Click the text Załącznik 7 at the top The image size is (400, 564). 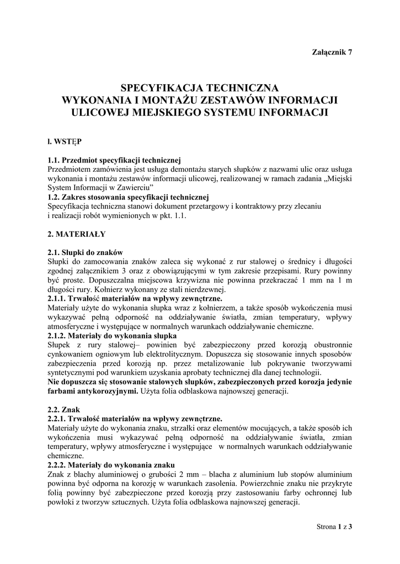pyautogui.click(x=332, y=52)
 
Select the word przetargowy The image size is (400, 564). pyautogui.click(x=226, y=206)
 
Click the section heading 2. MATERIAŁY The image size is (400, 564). pyautogui.click(x=77, y=234)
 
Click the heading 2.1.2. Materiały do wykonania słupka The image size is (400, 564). pyautogui.click(x=112, y=335)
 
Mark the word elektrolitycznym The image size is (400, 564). pyautogui.click(x=169, y=354)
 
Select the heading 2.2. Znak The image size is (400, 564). pyautogui.click(x=65, y=409)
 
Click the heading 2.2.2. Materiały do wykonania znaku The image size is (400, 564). pyautogui.click(x=111, y=465)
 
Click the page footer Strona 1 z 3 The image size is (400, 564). pyautogui.click(x=334, y=527)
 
